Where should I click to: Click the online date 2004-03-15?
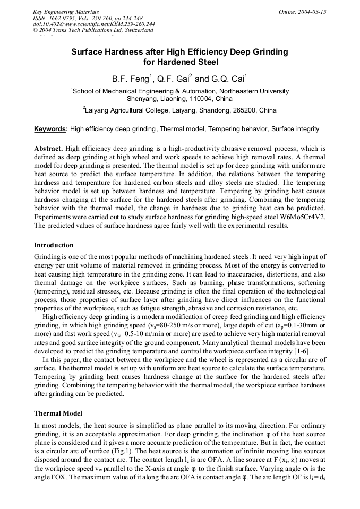point(312,12)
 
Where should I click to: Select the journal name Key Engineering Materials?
point(66,12)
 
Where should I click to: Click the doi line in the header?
point(93,24)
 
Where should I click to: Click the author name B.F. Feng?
point(130,79)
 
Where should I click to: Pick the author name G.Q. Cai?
point(228,79)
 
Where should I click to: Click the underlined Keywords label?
point(50,129)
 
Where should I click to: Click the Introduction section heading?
point(54,245)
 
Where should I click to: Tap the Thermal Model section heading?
point(58,413)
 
